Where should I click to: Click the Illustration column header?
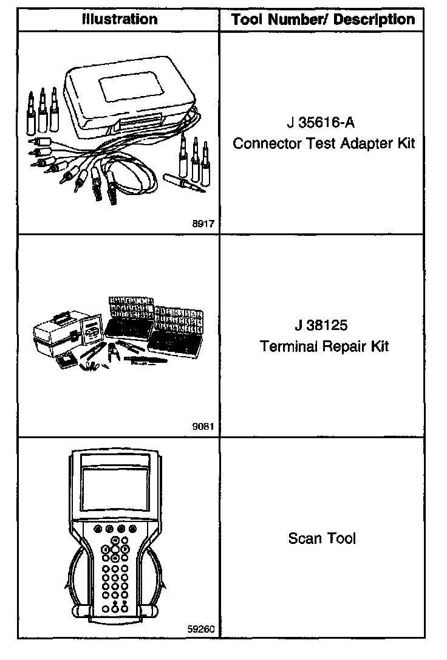click(x=119, y=19)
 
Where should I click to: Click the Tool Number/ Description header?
click(x=322, y=19)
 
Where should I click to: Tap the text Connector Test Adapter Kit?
click(x=324, y=144)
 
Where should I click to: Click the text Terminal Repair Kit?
click(x=324, y=346)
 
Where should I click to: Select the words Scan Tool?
click(x=322, y=538)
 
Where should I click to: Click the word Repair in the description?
click(x=344, y=346)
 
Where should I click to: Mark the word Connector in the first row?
click(x=260, y=144)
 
